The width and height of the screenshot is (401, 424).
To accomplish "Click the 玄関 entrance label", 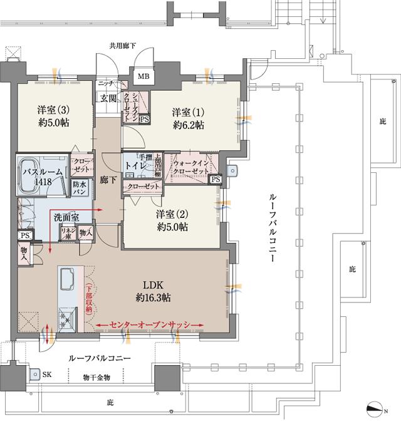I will click(x=108, y=98).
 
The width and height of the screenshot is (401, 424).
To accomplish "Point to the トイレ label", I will click(x=135, y=167).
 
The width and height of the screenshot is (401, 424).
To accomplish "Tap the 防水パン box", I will click(x=79, y=187).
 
